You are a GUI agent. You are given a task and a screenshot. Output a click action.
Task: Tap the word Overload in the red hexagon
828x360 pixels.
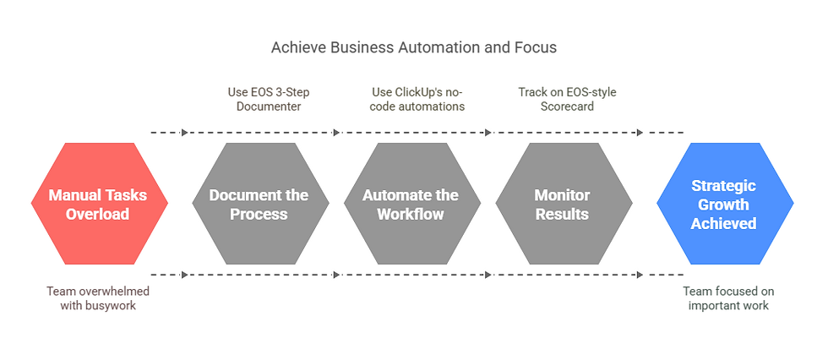98,214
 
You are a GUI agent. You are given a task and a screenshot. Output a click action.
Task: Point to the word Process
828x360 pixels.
259,214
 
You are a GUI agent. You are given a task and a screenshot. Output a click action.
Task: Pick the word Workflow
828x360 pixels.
411,214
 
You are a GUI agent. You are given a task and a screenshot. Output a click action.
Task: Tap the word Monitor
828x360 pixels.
562,195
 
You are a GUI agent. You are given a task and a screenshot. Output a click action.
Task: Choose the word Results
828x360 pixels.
562,214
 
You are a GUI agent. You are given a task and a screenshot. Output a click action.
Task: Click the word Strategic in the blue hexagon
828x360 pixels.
723,186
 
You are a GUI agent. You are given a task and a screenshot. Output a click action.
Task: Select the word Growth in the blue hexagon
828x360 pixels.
723,205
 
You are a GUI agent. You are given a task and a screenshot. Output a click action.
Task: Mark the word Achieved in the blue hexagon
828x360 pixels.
723,223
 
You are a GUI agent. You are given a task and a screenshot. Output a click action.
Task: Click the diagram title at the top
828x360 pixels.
413,47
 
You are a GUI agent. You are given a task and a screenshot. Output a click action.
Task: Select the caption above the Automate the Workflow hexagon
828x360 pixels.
417,99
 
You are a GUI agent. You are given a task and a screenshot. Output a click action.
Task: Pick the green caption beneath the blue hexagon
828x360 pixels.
728,298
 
